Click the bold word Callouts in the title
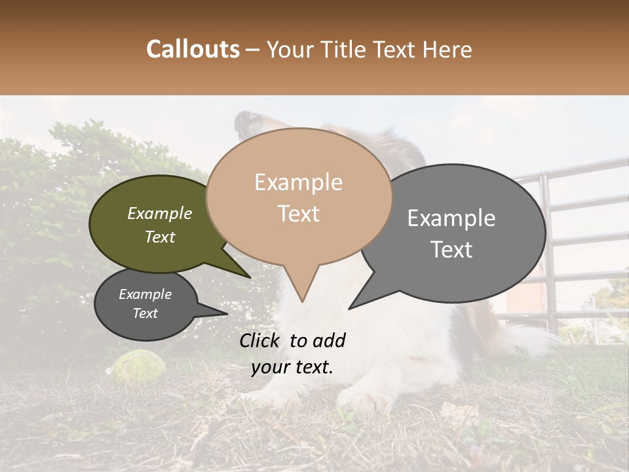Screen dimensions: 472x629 193,49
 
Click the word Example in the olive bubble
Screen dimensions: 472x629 160,213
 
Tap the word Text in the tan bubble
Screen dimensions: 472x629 299,214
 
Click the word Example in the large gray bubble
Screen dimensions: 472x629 451,218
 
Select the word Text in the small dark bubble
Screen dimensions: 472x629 145,313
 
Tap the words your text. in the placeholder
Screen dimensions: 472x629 292,367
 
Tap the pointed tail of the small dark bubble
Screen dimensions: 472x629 223,313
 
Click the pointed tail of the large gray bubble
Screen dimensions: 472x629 354,305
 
